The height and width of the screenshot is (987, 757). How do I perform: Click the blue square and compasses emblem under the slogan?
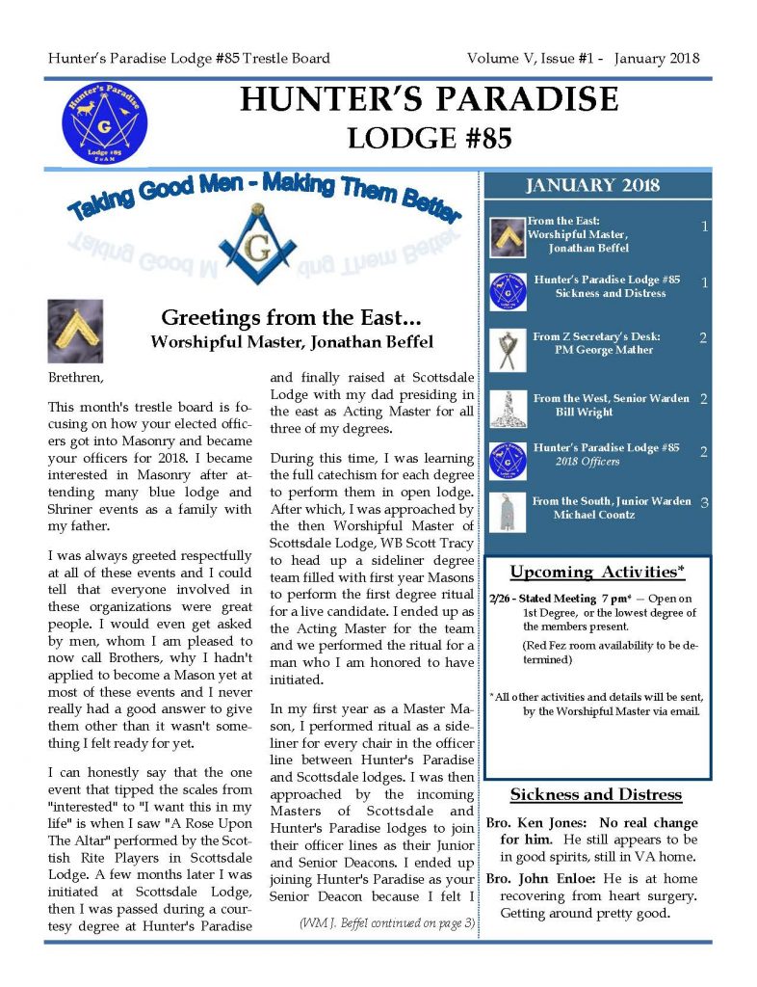pos(256,244)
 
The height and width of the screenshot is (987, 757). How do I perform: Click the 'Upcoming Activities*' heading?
pos(597,573)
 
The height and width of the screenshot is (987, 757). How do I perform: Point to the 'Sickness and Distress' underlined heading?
pos(595,795)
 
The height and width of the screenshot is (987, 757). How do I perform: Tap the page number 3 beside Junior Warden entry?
pos(705,502)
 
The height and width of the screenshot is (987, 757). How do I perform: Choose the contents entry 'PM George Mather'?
pos(604,350)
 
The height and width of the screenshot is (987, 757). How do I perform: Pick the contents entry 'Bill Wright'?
pos(583,412)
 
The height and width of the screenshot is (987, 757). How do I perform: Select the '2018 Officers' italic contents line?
pos(587,462)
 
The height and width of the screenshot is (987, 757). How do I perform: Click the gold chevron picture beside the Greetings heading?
pos(75,331)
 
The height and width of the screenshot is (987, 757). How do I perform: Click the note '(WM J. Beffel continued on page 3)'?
pos(387,923)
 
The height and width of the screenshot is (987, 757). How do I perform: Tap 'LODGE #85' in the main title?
pos(430,137)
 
